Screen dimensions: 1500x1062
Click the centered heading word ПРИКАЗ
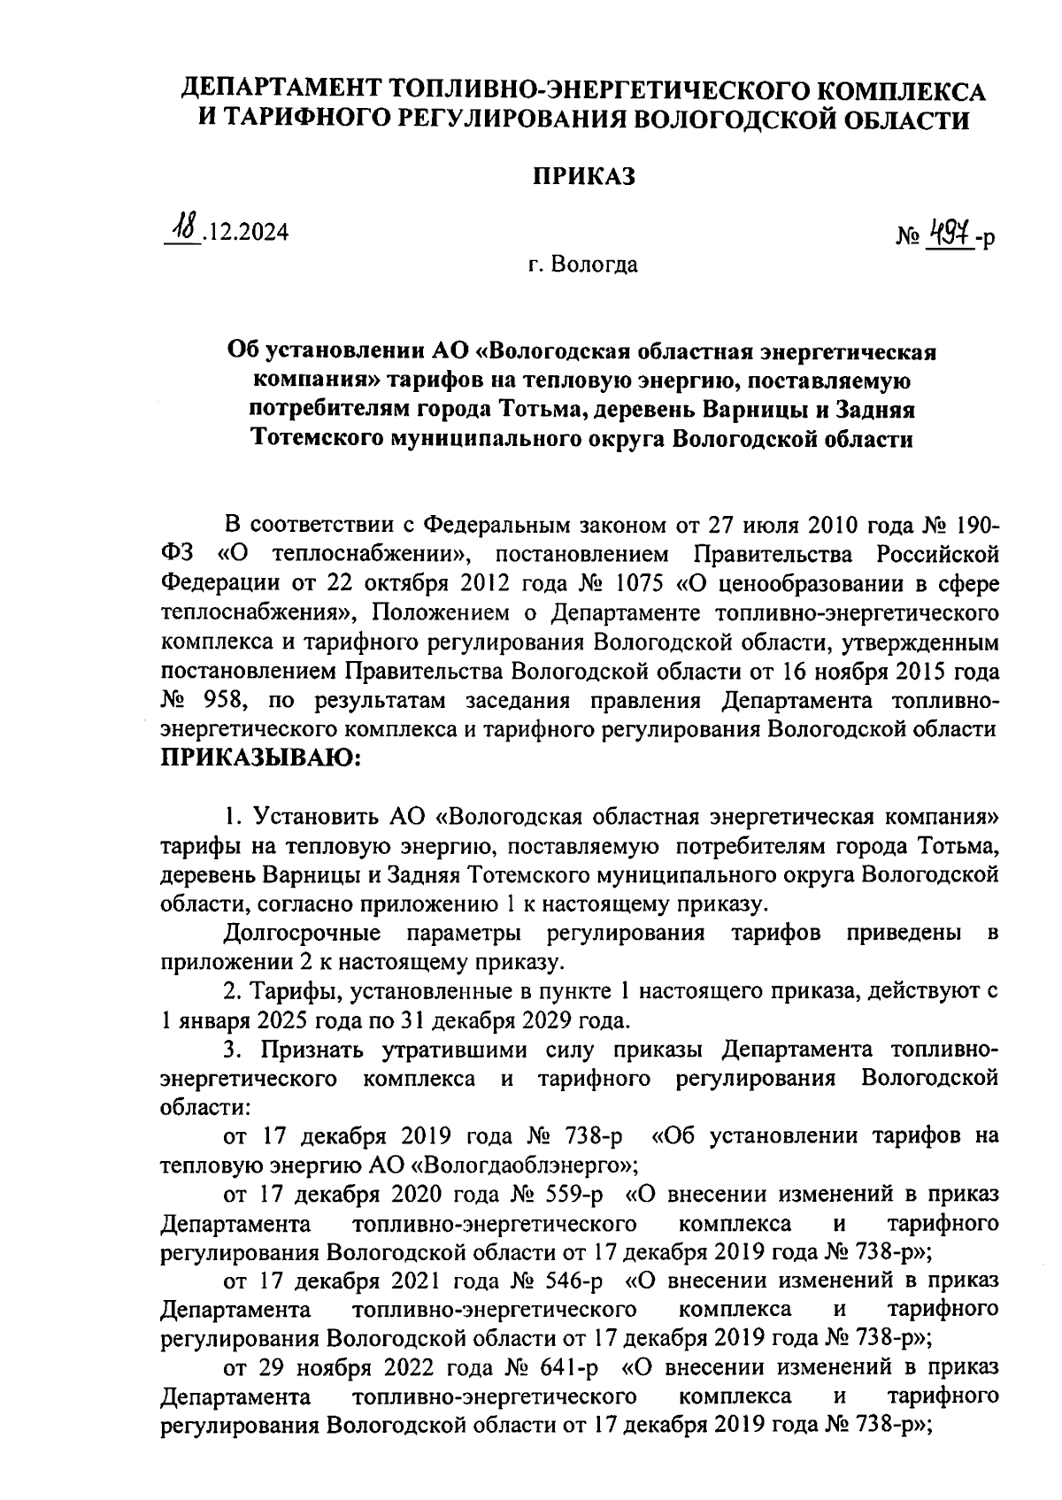point(583,177)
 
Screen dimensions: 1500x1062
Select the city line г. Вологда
point(583,264)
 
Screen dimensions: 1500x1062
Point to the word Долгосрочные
point(303,932)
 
